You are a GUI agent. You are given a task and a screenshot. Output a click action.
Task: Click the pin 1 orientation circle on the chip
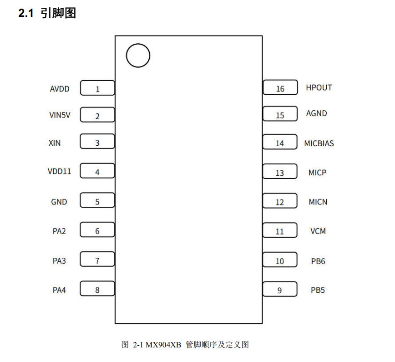click(138, 44)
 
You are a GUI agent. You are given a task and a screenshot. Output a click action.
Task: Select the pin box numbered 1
click(97, 88)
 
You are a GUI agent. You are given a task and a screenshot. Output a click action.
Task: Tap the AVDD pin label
click(60, 89)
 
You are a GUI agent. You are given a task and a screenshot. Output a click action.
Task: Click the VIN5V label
click(60, 115)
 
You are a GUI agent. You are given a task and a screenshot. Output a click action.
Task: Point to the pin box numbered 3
click(97, 141)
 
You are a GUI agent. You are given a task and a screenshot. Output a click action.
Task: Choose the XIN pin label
click(55, 143)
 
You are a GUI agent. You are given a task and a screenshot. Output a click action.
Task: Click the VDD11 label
click(60, 171)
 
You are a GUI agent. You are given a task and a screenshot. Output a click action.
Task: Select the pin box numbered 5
click(97, 200)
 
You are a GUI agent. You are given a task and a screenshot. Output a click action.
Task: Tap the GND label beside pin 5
click(59, 202)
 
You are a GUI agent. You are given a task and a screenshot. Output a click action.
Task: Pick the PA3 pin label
click(59, 260)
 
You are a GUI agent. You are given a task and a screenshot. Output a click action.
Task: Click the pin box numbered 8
click(97, 289)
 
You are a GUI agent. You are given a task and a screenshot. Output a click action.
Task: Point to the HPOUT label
click(319, 87)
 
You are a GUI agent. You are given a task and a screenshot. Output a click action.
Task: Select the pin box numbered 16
click(280, 87)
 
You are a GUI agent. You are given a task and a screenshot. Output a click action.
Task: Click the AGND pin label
click(317, 113)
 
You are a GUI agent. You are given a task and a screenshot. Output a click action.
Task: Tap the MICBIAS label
click(319, 143)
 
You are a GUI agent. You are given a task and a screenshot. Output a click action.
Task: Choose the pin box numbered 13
click(279, 171)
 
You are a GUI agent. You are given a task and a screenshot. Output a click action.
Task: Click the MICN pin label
click(318, 202)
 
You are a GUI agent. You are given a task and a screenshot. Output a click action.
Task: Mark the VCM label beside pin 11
click(318, 231)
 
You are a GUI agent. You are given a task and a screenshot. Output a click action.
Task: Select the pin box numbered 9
click(279, 289)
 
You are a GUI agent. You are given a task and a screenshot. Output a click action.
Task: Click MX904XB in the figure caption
click(163, 345)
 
